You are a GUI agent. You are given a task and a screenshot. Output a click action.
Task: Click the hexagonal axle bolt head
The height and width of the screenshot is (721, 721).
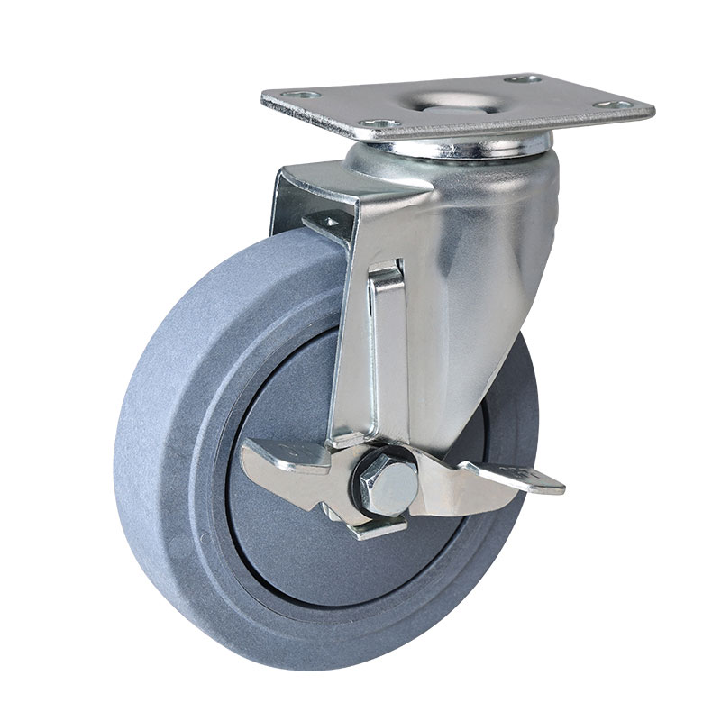tap(389, 485)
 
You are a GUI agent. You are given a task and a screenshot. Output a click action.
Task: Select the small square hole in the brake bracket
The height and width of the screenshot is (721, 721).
tap(331, 219)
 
